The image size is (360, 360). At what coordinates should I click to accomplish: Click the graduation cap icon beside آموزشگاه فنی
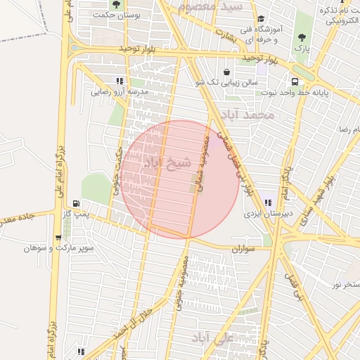point(261,20)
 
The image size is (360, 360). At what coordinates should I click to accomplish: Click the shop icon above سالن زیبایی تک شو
point(226,72)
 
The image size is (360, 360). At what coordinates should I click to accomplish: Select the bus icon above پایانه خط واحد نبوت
point(294,81)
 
